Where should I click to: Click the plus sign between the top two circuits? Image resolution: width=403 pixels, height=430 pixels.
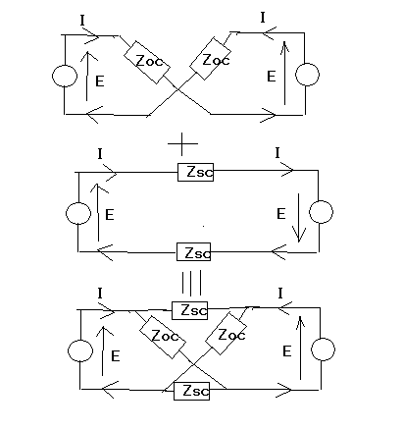pyautogui.click(x=182, y=143)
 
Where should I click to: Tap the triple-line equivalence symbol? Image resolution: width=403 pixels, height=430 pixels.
pyautogui.click(x=191, y=283)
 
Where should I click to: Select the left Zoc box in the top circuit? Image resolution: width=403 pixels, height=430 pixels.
pyautogui.click(x=147, y=62)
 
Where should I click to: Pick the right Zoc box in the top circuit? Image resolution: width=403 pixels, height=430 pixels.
pyautogui.click(x=210, y=59)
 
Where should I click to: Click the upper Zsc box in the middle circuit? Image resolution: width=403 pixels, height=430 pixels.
pyautogui.click(x=195, y=172)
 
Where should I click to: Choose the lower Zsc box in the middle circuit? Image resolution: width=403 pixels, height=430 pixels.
pyautogui.click(x=193, y=251)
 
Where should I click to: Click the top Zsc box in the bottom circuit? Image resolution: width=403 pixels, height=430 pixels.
pyautogui.click(x=189, y=310)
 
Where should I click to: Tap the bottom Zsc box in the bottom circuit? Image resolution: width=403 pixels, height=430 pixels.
pyautogui.click(x=191, y=391)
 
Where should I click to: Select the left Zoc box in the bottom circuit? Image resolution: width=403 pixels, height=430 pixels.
pyautogui.click(x=163, y=337)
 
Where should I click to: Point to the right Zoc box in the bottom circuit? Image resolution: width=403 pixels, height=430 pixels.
pyautogui.click(x=226, y=334)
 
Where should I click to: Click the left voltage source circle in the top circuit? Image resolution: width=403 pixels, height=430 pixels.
pyautogui.click(x=65, y=76)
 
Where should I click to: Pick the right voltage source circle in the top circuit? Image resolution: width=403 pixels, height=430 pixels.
pyautogui.click(x=307, y=75)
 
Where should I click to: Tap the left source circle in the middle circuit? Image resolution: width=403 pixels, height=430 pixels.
pyautogui.click(x=78, y=213)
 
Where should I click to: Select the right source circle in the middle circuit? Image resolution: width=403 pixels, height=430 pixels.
pyautogui.click(x=321, y=212)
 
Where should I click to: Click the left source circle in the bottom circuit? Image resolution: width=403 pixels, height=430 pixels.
pyautogui.click(x=80, y=350)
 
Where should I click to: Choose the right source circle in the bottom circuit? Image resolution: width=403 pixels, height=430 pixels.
pyautogui.click(x=323, y=349)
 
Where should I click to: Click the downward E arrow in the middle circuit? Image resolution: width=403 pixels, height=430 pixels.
pyautogui.click(x=299, y=218)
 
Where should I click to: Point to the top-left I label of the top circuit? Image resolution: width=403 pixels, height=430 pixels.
pyautogui.click(x=82, y=21)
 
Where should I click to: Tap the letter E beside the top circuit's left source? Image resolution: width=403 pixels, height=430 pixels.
pyautogui.click(x=100, y=81)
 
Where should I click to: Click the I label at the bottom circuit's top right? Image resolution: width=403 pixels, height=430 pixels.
pyautogui.click(x=280, y=294)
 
